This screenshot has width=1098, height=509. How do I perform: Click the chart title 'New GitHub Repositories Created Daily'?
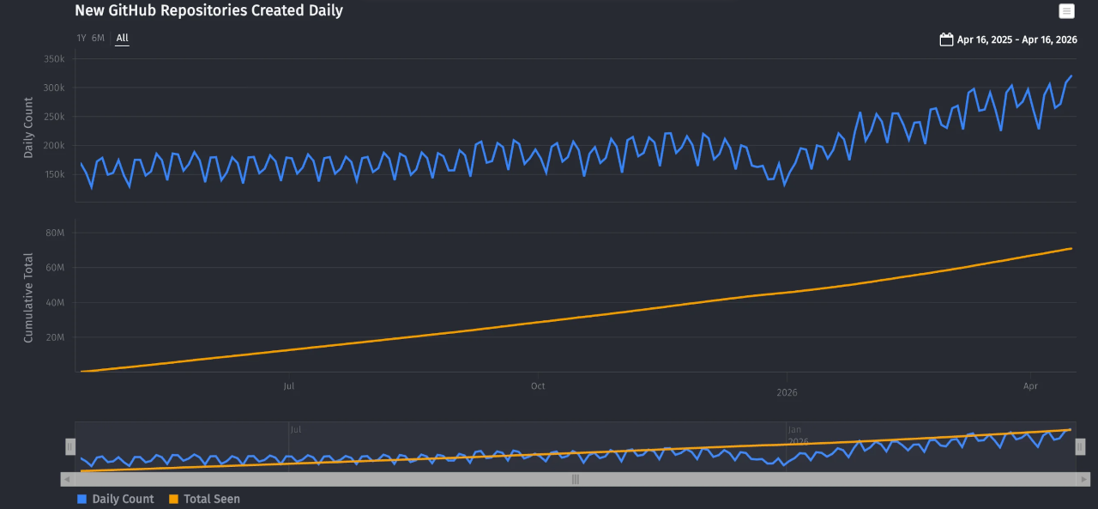pyautogui.click(x=208, y=11)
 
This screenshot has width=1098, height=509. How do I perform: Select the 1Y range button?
pyautogui.click(x=81, y=38)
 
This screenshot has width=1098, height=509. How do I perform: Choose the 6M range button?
pyautogui.click(x=98, y=38)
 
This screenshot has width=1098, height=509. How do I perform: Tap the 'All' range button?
pyautogui.click(x=122, y=38)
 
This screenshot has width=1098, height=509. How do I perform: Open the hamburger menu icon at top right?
pyautogui.click(x=1066, y=11)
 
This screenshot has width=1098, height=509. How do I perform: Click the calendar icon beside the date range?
pyautogui.click(x=946, y=39)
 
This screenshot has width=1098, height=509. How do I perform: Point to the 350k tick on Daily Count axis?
pyautogui.click(x=54, y=58)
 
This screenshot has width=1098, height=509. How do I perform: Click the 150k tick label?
pyautogui.click(x=54, y=174)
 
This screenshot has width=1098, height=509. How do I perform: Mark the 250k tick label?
pyautogui.click(x=54, y=117)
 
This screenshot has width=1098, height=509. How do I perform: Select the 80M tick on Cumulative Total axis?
pyautogui.click(x=55, y=233)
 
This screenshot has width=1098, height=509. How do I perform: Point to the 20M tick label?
pyautogui.click(x=55, y=337)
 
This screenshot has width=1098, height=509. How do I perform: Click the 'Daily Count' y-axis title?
pyautogui.click(x=28, y=127)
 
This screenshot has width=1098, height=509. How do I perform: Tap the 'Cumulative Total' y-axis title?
pyautogui.click(x=28, y=298)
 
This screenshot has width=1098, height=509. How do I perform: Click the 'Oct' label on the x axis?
pyautogui.click(x=538, y=386)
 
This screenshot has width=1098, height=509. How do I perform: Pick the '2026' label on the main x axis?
pyautogui.click(x=787, y=392)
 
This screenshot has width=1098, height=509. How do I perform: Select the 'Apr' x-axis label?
pyautogui.click(x=1030, y=386)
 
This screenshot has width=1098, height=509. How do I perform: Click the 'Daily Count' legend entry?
pyautogui.click(x=116, y=499)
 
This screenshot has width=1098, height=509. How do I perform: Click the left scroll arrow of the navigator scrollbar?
pyautogui.click(x=67, y=479)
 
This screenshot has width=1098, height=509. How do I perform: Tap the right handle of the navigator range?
pyautogui.click(x=1080, y=446)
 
